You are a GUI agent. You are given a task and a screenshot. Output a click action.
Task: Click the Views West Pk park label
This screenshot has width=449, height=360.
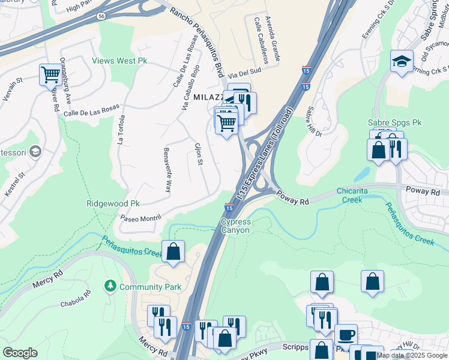(x=119, y=61)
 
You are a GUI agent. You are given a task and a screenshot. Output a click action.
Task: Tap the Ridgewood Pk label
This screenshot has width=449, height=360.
(x=113, y=204)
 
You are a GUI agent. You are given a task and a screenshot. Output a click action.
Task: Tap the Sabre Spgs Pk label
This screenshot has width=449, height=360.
(x=394, y=122)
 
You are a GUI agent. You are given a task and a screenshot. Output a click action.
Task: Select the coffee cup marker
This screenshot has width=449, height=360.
(x=345, y=334)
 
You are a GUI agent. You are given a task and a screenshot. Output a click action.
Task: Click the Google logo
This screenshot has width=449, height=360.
(x=20, y=353)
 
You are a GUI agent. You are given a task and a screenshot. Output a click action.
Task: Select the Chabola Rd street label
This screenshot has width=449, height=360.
(x=76, y=298)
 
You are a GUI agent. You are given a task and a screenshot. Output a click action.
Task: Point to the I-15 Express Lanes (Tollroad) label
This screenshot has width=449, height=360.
(x=265, y=154)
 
